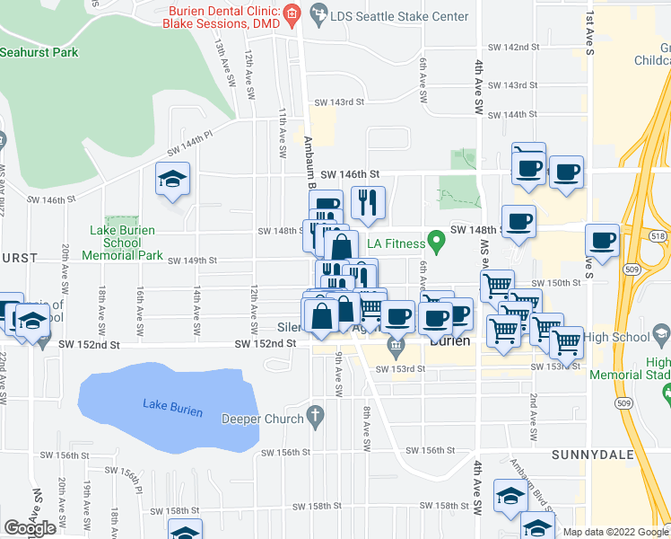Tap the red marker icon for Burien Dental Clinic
(x=291, y=14)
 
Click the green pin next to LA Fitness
(x=436, y=241)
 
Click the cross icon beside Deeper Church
(x=314, y=416)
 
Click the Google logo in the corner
(x=30, y=528)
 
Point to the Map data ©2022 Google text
(x=615, y=532)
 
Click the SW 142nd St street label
(x=514, y=47)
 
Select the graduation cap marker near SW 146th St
(x=173, y=180)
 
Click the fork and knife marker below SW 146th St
(x=367, y=203)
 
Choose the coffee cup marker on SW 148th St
(x=518, y=222)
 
